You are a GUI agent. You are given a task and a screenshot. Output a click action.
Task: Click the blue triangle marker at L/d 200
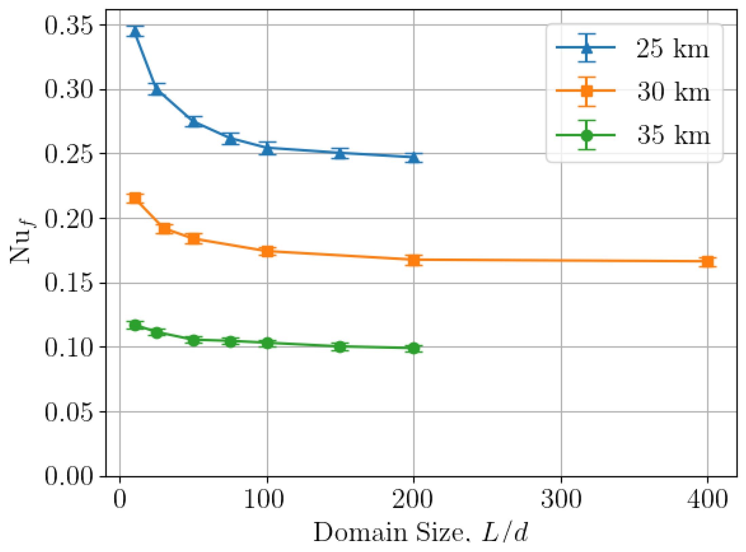[414, 157]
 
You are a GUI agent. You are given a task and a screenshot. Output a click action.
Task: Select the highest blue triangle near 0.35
[135, 32]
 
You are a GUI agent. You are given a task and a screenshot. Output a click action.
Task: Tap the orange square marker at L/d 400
[707, 262]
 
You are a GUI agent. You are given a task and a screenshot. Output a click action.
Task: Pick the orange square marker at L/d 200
[414, 260]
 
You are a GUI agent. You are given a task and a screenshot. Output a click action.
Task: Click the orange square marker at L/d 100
[267, 251]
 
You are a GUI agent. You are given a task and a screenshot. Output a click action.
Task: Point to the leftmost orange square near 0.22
[135, 198]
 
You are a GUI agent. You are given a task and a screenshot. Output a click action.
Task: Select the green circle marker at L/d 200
[414, 348]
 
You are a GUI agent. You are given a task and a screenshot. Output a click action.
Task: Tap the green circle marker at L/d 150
[340, 346]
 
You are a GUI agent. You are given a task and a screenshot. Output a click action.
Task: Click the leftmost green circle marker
[135, 325]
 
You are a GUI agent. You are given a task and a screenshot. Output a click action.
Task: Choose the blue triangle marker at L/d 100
[267, 148]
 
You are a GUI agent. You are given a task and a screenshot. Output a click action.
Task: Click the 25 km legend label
[672, 49]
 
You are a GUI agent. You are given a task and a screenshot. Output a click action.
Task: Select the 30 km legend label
[673, 92]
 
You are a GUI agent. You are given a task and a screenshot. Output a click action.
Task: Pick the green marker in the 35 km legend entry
[587, 135]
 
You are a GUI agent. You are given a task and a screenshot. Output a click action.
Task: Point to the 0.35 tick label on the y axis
[69, 26]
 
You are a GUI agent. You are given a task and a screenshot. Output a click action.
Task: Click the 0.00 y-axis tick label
[69, 476]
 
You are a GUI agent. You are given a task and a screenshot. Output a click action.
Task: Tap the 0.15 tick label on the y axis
[69, 283]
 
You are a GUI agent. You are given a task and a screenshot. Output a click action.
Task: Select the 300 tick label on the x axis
[561, 500]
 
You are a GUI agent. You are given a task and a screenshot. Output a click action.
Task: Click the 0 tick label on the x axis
[120, 500]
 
